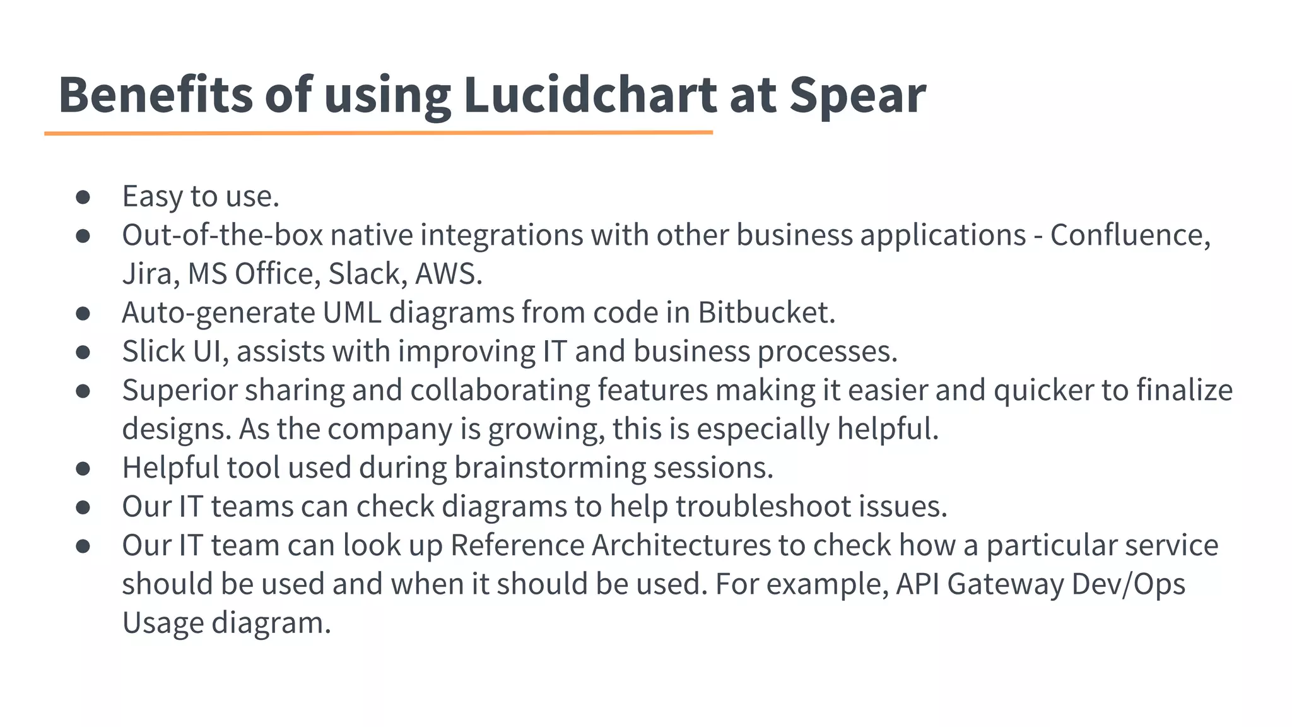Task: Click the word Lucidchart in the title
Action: tap(590, 95)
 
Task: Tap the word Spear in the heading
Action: tap(857, 95)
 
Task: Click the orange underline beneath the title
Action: tap(379, 133)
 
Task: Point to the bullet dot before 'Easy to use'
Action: tap(83, 197)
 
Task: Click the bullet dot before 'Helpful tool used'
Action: tap(83, 468)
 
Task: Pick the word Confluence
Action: tap(1130, 235)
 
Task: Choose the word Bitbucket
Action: tap(766, 312)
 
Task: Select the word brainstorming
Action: tap(549, 468)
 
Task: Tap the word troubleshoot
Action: tap(763, 506)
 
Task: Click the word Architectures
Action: tap(681, 545)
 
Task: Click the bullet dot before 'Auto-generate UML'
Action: tap(83, 313)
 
